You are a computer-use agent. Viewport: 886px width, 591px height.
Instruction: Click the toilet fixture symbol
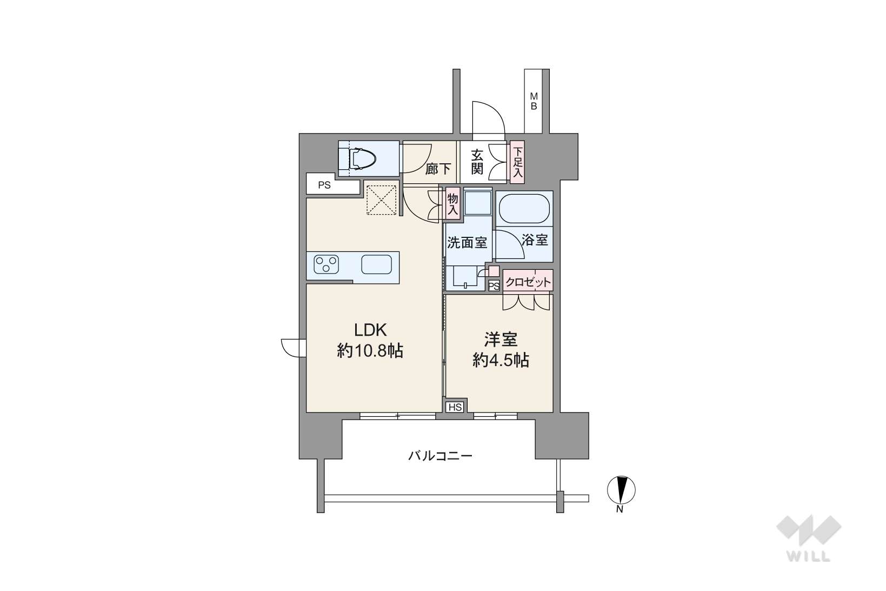pyautogui.click(x=363, y=158)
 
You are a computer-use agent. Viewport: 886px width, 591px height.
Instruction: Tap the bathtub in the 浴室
pyautogui.click(x=524, y=209)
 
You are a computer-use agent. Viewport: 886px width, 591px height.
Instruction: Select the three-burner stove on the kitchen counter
pyautogui.click(x=326, y=264)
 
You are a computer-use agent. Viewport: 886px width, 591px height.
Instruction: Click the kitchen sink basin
pyautogui.click(x=376, y=264)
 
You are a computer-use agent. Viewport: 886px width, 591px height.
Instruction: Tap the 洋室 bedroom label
pyautogui.click(x=501, y=340)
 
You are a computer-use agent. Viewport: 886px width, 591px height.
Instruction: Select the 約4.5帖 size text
pyautogui.click(x=501, y=360)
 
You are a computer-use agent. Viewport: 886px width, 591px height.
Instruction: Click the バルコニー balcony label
pyautogui.click(x=440, y=456)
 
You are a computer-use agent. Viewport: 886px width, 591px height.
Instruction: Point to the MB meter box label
pyautogui.click(x=534, y=101)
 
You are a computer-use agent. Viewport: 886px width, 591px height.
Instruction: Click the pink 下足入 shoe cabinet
pyautogui.click(x=517, y=162)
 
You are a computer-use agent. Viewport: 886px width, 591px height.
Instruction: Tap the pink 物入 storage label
pyautogui.click(x=452, y=204)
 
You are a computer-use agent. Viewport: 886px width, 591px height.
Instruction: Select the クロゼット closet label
pyautogui.click(x=528, y=282)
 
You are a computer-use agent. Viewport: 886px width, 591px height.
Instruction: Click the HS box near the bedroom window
pyautogui.click(x=455, y=407)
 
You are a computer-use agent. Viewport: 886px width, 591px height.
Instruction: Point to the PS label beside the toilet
pyautogui.click(x=324, y=185)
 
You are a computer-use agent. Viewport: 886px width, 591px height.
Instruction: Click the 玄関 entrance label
pyautogui.click(x=477, y=162)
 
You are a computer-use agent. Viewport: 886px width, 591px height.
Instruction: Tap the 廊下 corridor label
pyautogui.click(x=438, y=169)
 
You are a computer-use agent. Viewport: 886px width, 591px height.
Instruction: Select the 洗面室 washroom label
pyautogui.click(x=467, y=242)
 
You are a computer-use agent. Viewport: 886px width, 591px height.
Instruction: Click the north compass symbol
pyautogui.click(x=621, y=490)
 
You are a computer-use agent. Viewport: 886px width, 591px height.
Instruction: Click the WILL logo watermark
pyautogui.click(x=809, y=539)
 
